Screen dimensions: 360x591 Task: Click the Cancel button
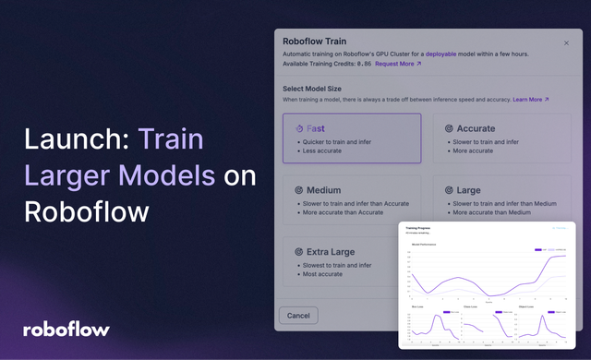298,315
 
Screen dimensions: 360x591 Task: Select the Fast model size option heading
316,129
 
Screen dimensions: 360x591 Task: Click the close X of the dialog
566,42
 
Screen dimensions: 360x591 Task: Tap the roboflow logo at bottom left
66,329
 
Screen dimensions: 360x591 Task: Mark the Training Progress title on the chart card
421,227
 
